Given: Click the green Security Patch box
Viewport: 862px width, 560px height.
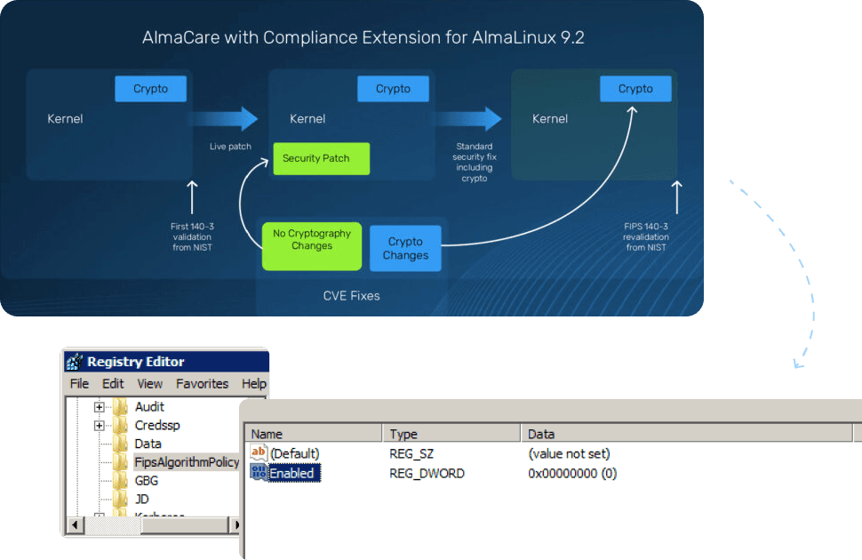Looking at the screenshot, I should click(321, 158).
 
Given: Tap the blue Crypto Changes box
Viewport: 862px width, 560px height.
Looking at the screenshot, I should click(405, 248).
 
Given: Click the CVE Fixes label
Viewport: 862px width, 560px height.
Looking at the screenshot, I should click(351, 295).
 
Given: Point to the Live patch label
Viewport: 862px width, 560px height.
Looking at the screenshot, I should click(230, 147).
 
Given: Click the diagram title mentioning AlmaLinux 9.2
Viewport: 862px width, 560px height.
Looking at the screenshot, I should click(363, 38).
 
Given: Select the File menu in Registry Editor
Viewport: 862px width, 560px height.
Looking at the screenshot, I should click(79, 384).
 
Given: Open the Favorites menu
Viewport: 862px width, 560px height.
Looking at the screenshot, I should click(202, 384).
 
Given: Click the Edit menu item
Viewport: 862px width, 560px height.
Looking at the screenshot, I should click(113, 384).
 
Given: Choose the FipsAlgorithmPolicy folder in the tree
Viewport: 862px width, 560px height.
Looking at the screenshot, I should click(186, 462).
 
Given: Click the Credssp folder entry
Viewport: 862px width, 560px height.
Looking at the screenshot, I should click(157, 425).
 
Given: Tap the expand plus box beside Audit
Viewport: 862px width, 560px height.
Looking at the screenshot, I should click(100, 407).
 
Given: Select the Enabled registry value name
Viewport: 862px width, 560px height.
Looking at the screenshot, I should click(291, 474).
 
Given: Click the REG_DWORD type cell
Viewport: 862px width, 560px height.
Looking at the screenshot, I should click(427, 474).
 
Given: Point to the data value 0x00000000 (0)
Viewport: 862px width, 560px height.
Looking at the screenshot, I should click(572, 474).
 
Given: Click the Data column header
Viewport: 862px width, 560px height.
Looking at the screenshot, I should click(541, 434).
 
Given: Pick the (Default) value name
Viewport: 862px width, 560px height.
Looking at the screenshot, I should click(294, 454).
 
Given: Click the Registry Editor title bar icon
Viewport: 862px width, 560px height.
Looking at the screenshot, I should click(75, 361).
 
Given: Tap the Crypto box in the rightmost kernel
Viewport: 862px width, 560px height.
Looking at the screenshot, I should click(635, 89).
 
